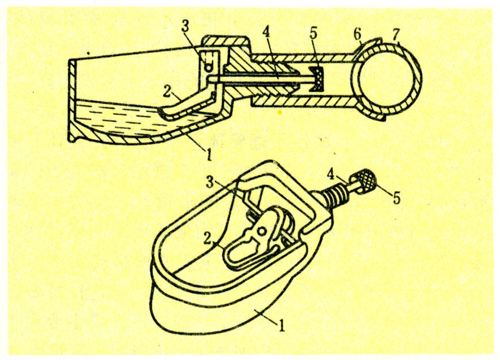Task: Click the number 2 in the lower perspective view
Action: [208, 239]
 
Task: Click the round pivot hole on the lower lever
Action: [262, 231]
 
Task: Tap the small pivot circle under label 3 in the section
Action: [209, 68]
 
